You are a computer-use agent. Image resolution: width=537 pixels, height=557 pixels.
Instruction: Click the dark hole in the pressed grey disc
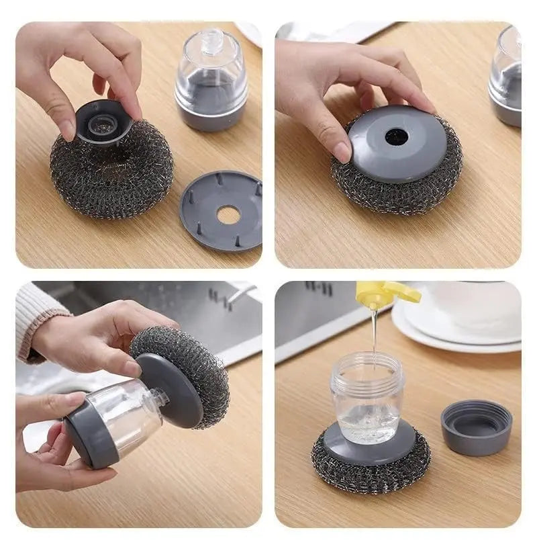tap(397, 136)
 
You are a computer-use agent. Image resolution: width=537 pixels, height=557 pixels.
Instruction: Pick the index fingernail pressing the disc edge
tap(342, 153)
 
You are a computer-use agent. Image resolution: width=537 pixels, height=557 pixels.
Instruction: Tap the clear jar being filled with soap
tap(367, 396)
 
